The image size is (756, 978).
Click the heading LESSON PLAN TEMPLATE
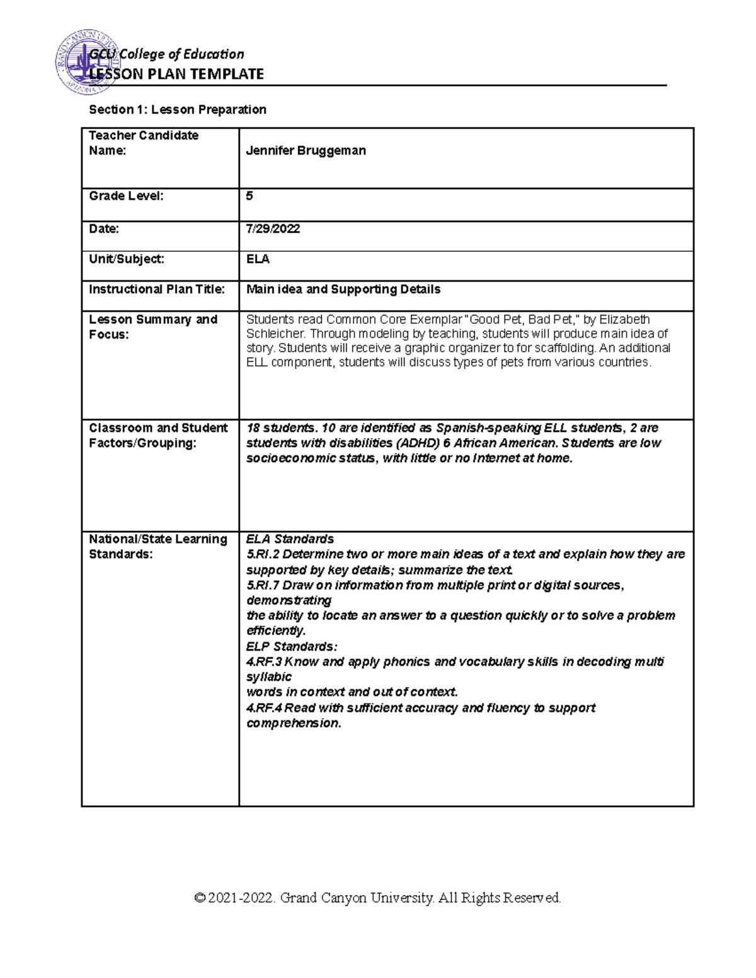pyautogui.click(x=176, y=74)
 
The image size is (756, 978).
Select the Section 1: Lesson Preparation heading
pyautogui.click(x=178, y=110)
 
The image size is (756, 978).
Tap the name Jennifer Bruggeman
pyautogui.click(x=306, y=151)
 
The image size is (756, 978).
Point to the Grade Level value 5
pyautogui.click(x=249, y=196)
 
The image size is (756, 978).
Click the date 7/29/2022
pyautogui.click(x=273, y=229)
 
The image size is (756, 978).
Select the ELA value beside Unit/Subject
pyautogui.click(x=258, y=259)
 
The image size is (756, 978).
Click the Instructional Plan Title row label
pyautogui.click(x=157, y=289)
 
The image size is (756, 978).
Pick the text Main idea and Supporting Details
pyautogui.click(x=343, y=289)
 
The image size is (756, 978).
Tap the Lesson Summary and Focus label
pyautogui.click(x=153, y=326)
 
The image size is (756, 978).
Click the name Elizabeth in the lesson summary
pyautogui.click(x=624, y=319)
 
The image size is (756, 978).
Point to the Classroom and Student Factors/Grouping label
pyautogui.click(x=158, y=435)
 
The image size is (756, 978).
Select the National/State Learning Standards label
pyautogui.click(x=158, y=547)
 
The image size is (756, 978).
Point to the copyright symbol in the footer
pyautogui.click(x=200, y=897)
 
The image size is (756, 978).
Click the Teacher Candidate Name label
pyautogui.click(x=144, y=143)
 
